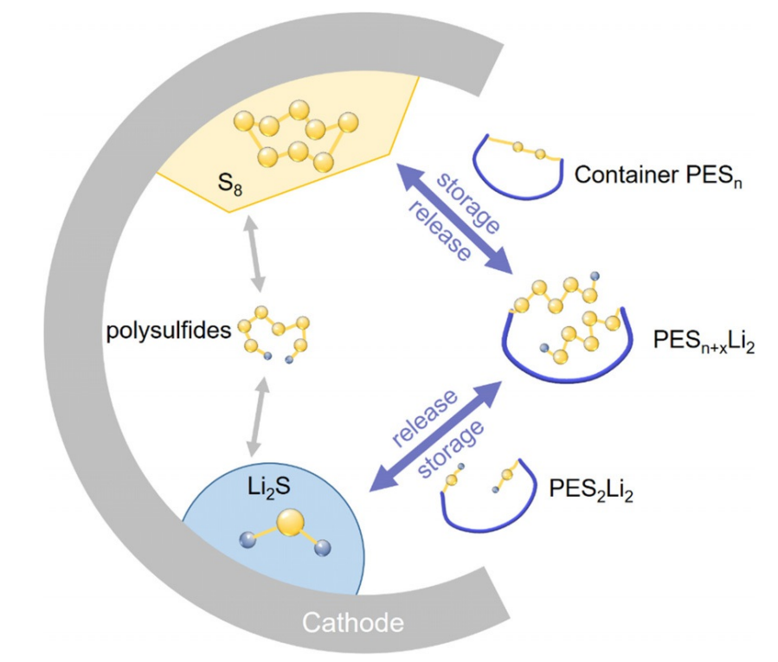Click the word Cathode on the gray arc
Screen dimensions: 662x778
pos(352,622)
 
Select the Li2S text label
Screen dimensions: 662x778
pos(268,489)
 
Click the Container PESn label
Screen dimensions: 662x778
pos(655,176)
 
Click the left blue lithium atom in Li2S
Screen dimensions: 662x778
pos(248,540)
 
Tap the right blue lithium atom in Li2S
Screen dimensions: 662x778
pos(324,548)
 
